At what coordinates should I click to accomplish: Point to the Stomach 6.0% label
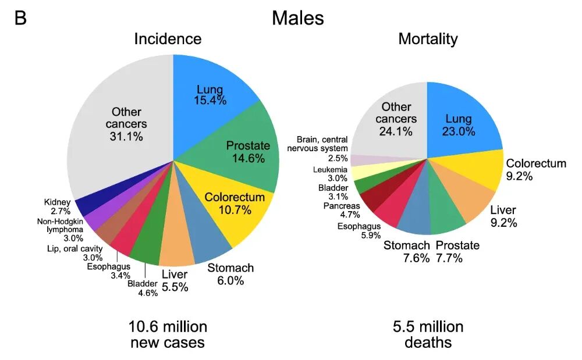[230, 275]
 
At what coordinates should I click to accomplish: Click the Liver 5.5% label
[175, 281]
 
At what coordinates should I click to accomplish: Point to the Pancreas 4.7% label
[342, 210]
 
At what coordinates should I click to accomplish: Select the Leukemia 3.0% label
[331, 174]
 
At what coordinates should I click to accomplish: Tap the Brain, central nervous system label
[317, 148]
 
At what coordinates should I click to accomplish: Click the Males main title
[297, 18]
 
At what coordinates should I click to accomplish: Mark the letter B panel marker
[20, 17]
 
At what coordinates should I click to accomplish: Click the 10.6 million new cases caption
[168, 334]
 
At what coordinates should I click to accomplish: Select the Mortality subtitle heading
[428, 39]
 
